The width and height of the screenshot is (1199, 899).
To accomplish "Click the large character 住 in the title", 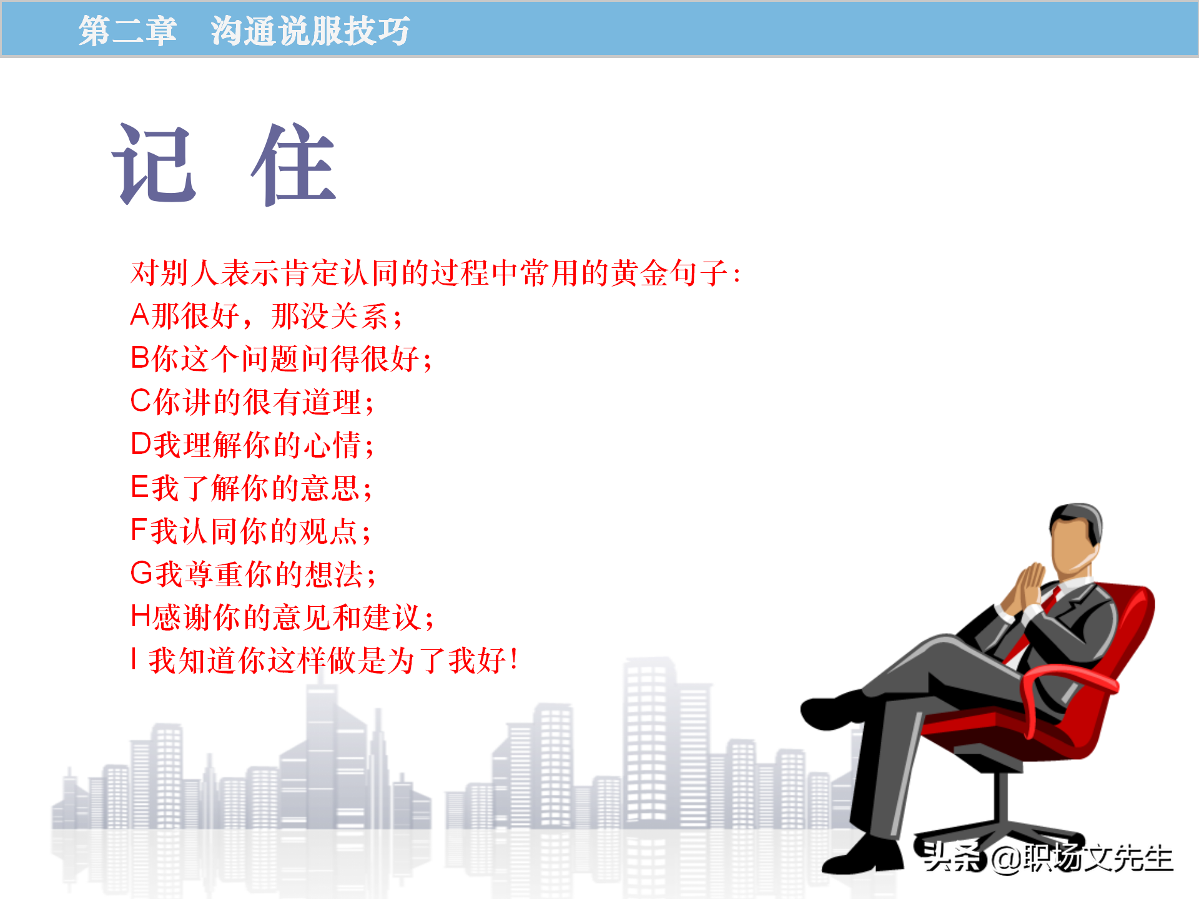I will [294, 164].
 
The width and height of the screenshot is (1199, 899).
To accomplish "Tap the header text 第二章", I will [127, 31].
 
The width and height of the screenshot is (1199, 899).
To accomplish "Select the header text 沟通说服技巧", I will [310, 31].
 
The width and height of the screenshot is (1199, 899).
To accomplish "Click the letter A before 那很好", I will [140, 315].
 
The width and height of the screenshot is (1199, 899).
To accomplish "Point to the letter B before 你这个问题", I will [140, 358].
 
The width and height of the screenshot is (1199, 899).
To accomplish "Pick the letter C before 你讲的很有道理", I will [141, 401].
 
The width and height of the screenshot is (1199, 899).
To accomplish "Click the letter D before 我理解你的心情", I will [141, 444].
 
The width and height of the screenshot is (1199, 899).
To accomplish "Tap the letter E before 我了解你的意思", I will [139, 487].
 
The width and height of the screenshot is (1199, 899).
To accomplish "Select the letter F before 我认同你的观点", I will [139, 530].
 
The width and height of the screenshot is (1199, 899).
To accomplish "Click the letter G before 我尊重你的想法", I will [141, 573].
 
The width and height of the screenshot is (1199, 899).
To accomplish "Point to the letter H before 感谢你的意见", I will [141, 616].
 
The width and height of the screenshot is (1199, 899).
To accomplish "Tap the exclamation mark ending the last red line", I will [513, 659].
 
